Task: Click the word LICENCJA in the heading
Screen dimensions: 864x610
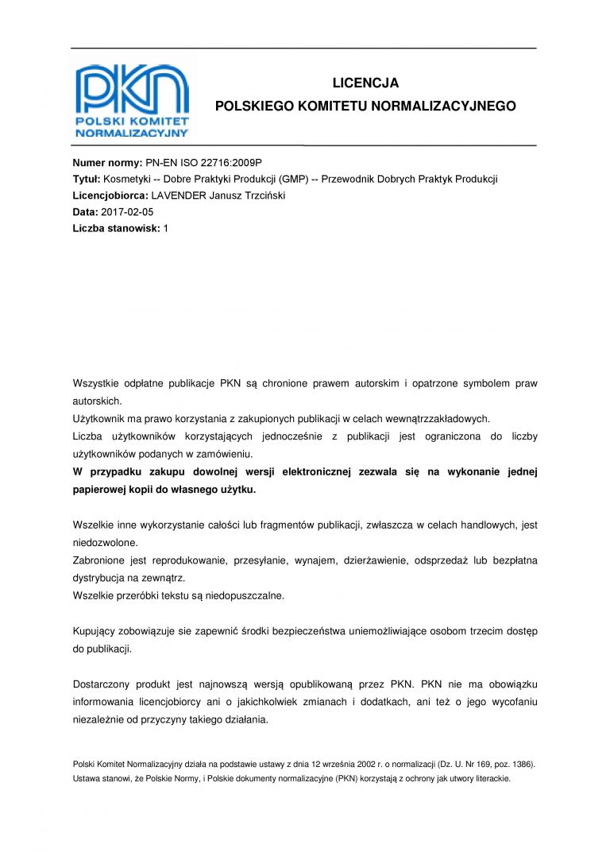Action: point(365,83)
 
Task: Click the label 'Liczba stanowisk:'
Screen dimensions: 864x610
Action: point(116,229)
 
